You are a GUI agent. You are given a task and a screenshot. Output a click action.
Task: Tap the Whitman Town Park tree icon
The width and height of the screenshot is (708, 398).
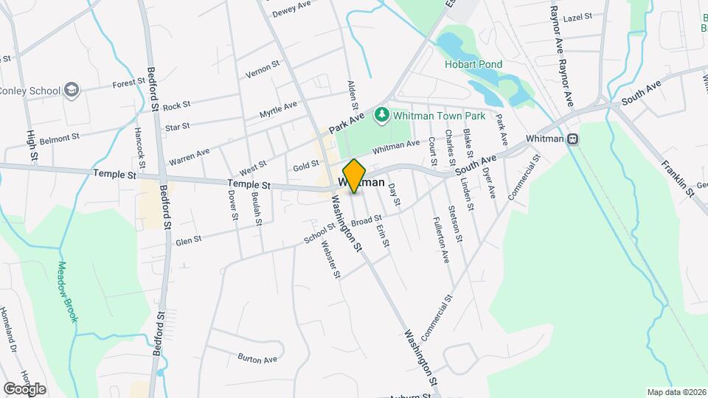click(x=382, y=114)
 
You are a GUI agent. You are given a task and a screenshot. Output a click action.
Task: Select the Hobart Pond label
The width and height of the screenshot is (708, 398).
click(x=473, y=64)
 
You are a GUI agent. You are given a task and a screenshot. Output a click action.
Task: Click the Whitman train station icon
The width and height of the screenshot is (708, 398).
click(x=572, y=139)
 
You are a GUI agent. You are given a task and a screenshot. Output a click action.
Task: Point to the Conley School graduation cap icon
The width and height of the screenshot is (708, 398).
click(x=72, y=91)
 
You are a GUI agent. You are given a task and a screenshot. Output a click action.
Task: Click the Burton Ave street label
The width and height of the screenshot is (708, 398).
click(x=257, y=358)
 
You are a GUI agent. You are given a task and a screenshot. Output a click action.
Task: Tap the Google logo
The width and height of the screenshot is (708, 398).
click(x=24, y=388)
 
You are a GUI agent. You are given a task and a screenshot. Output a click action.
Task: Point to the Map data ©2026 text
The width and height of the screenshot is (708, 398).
click(x=676, y=391)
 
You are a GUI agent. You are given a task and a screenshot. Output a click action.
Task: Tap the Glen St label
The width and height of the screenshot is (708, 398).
click(x=188, y=240)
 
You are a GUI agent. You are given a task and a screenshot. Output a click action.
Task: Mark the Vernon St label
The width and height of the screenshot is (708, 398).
click(x=262, y=70)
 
